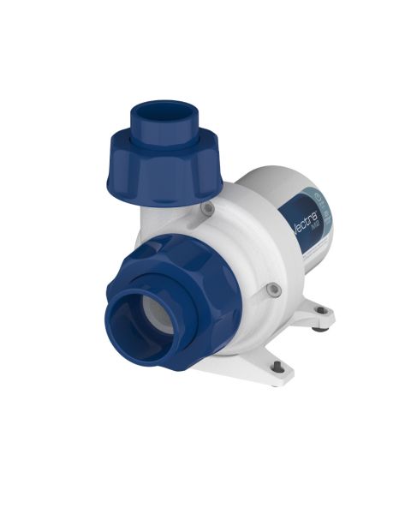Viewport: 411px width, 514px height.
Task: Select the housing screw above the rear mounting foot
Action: point(271,289)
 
